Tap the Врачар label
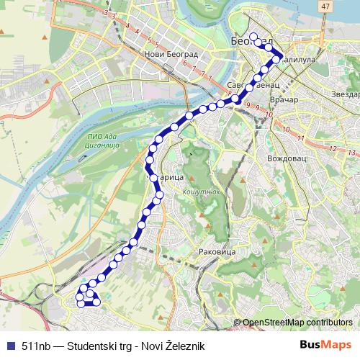coord(273,99)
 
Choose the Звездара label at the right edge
coord(345,94)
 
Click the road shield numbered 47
coord(326,6)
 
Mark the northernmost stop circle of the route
coord(253,37)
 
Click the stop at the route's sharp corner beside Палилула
coord(276,60)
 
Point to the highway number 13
coord(351,153)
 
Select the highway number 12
coord(333,148)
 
